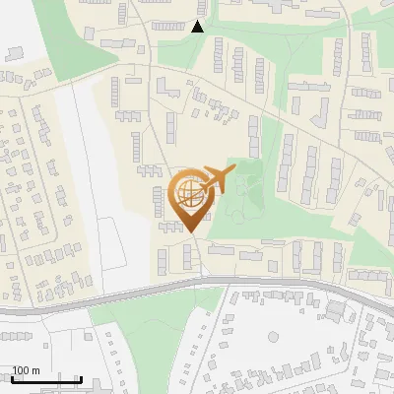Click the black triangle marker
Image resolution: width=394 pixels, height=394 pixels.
coord(198,27)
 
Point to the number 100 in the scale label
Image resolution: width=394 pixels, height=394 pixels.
coord(21,370)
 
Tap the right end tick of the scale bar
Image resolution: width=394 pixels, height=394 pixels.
coord(82,377)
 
